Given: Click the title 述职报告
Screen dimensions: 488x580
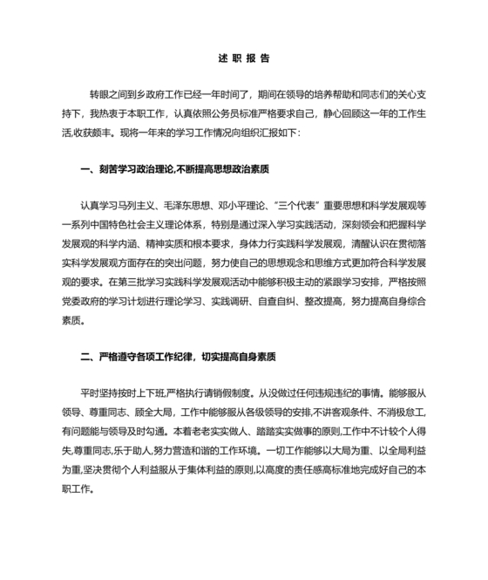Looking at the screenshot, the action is click(x=243, y=59).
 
